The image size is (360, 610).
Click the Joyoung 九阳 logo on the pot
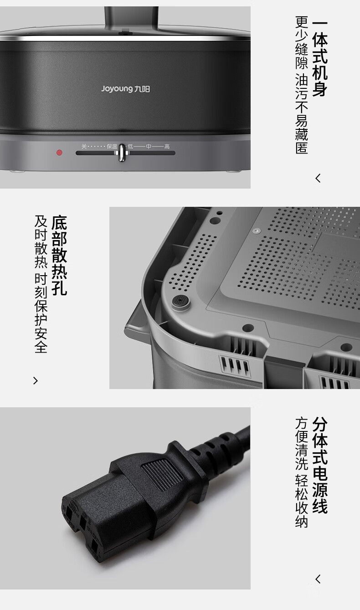(125, 89)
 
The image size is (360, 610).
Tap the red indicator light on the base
(59, 153)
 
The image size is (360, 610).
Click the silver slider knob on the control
(122, 153)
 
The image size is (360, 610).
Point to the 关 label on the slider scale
(84, 147)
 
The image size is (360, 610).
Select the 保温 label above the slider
(112, 147)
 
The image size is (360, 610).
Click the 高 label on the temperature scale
(167, 147)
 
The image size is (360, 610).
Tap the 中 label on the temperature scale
(149, 147)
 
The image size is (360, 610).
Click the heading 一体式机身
(320, 58)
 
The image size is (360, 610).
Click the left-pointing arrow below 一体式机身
(318, 179)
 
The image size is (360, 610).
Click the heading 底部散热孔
(59, 255)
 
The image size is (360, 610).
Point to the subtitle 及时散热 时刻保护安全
(41, 284)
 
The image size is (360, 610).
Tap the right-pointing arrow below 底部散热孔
(36, 381)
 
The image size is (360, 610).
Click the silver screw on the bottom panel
(256, 231)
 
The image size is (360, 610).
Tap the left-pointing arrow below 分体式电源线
(318, 579)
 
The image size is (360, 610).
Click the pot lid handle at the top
(131, 20)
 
